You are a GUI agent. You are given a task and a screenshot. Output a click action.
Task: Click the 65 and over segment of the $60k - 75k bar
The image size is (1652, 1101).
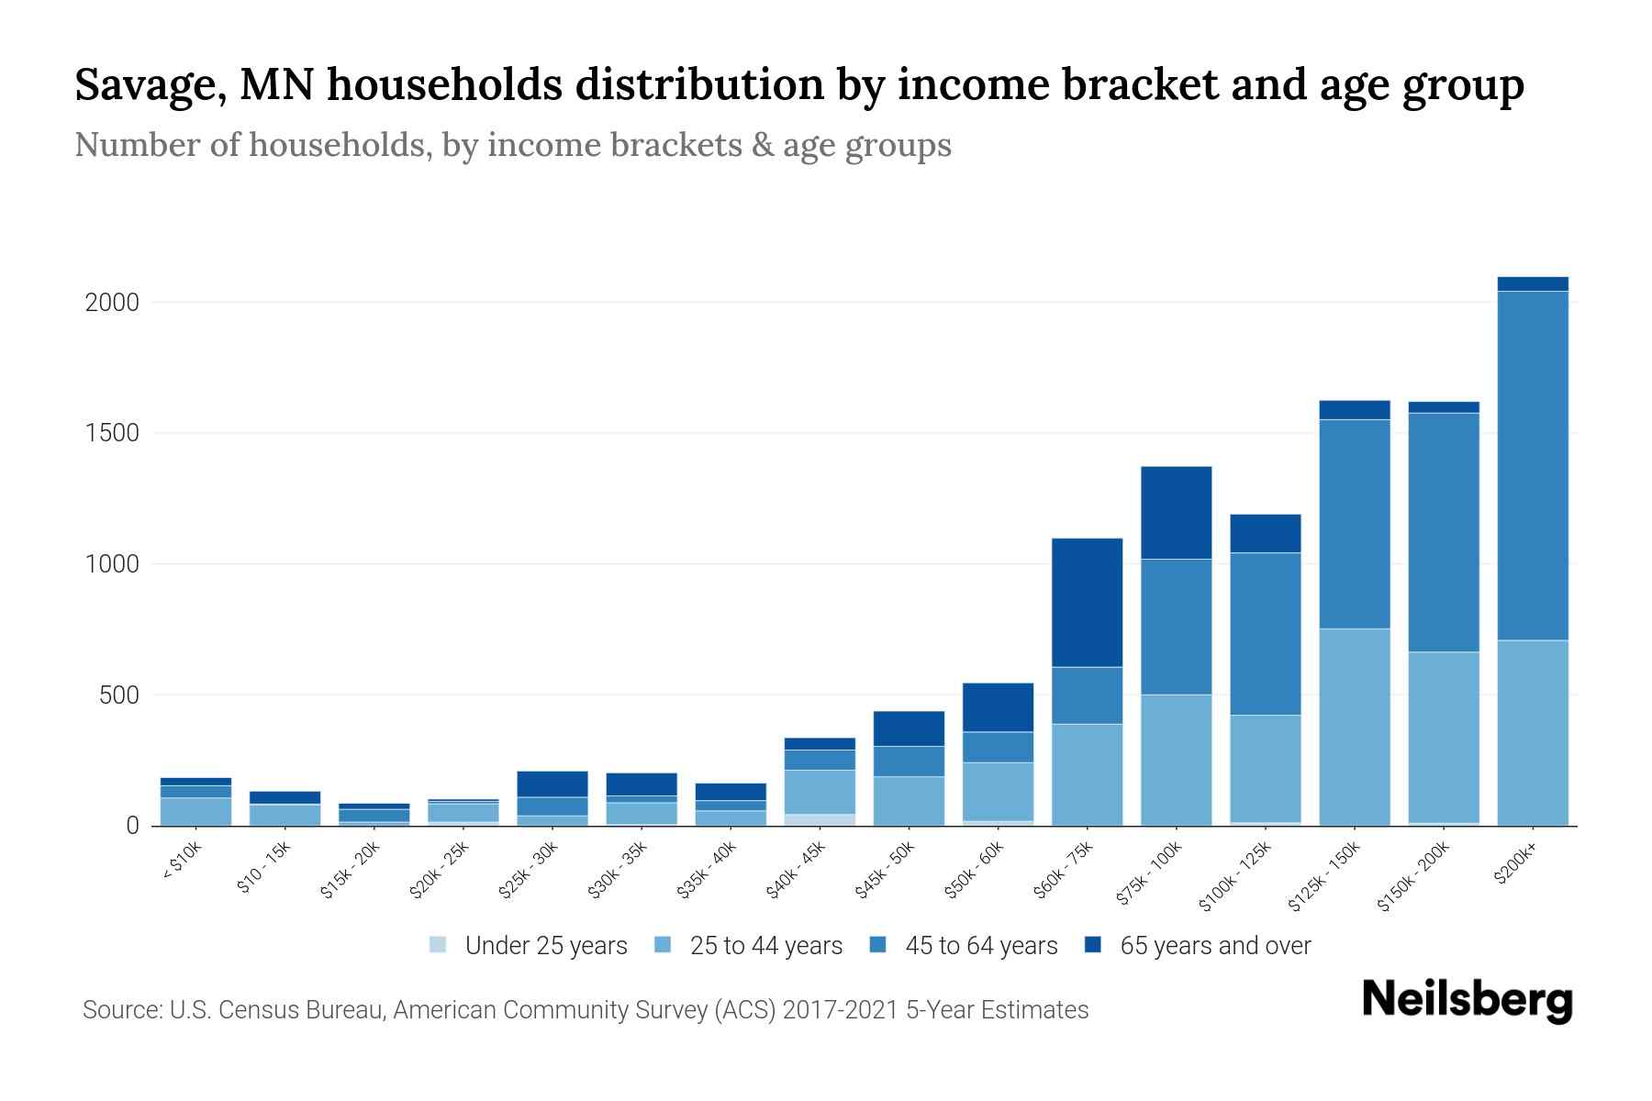[x=1087, y=602]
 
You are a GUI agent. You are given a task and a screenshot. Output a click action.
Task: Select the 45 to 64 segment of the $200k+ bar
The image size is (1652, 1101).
[x=1532, y=465]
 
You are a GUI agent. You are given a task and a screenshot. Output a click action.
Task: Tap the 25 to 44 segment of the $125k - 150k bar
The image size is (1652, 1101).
[x=1354, y=727]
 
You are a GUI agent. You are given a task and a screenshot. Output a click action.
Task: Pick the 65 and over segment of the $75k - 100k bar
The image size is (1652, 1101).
[x=1176, y=512]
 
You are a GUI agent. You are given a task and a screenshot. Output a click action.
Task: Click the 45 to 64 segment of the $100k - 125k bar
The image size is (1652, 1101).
[x=1265, y=633]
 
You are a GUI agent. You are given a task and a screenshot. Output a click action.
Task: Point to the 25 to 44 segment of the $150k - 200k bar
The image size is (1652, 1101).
[x=1443, y=737]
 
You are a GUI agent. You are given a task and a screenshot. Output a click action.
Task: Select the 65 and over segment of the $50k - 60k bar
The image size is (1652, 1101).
[x=998, y=706]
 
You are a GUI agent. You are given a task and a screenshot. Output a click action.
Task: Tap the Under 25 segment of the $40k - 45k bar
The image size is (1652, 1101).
[x=820, y=819]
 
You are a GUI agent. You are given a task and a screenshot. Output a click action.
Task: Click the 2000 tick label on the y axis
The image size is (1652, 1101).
[x=112, y=303]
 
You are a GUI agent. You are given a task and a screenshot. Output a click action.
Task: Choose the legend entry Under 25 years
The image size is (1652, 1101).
[x=546, y=946]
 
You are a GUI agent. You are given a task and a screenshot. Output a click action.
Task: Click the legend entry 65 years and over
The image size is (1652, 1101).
[x=1215, y=946]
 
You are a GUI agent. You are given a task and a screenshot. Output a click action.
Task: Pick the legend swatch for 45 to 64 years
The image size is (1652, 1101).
[x=878, y=945]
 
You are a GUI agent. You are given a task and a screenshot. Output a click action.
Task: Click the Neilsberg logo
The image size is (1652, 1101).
[x=1467, y=1000]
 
